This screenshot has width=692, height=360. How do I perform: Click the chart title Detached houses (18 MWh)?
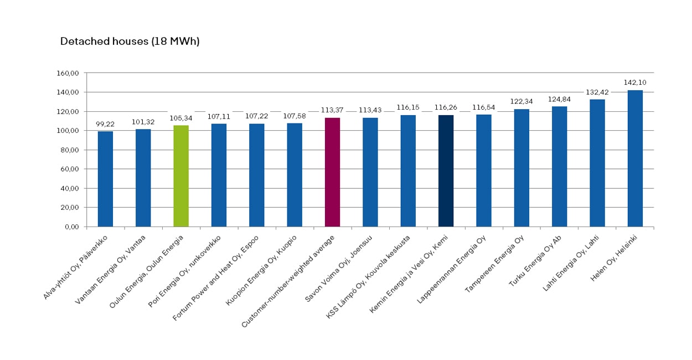tap(130, 42)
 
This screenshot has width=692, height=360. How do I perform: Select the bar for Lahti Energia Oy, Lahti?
tap(597, 163)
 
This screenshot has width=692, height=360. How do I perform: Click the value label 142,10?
tap(635, 83)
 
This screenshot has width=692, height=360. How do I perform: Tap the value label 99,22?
tap(105, 124)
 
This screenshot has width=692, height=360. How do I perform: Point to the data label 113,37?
tap(332, 110)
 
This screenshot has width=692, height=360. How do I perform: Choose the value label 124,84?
tap(559, 99)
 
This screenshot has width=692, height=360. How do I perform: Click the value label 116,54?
tap(483, 107)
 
